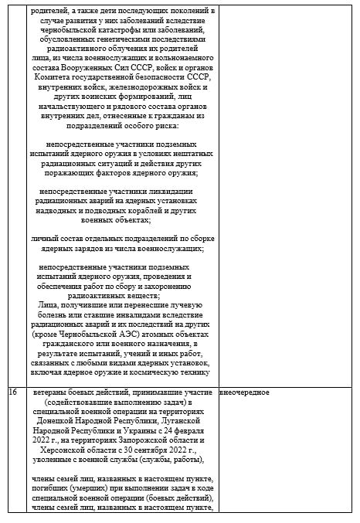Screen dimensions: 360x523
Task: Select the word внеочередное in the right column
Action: click(x=245, y=392)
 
